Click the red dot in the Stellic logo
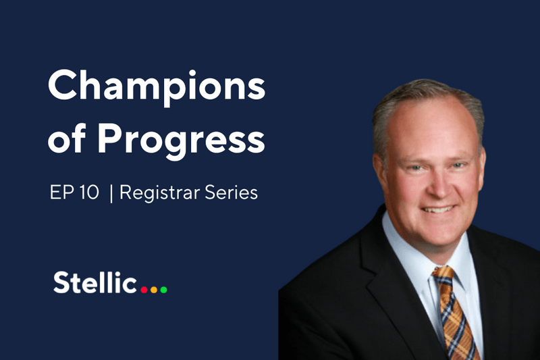click(143, 290)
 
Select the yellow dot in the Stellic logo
click(153, 290)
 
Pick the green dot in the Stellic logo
click(163, 290)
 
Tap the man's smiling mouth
click(437, 209)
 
